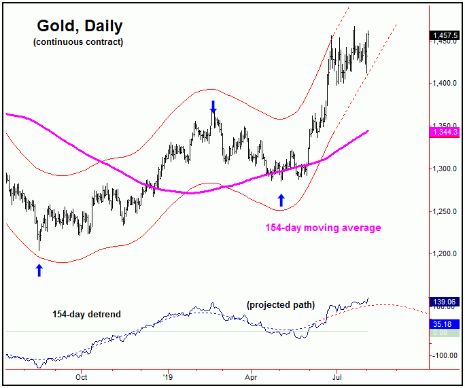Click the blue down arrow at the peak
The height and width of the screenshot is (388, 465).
[213, 107]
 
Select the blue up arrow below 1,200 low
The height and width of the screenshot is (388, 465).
[39, 270]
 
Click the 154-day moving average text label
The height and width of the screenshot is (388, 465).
[323, 228]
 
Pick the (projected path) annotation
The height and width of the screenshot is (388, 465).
[280, 305]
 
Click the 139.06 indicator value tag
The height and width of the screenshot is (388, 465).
[444, 301]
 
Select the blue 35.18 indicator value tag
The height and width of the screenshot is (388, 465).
[444, 324]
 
